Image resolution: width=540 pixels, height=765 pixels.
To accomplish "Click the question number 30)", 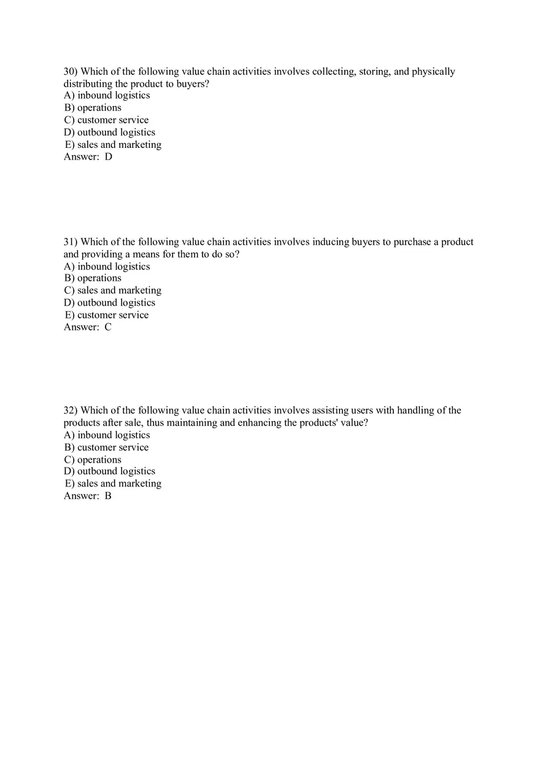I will pyautogui.click(x=71, y=72).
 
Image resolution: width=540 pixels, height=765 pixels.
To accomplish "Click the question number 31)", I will pyautogui.click(x=71, y=242).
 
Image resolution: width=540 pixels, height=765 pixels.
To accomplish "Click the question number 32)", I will pyautogui.click(x=71, y=410).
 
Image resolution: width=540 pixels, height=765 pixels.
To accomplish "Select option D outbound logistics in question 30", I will pyautogui.click(x=109, y=133).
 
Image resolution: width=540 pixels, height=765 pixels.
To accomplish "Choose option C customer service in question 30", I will pyautogui.click(x=106, y=120).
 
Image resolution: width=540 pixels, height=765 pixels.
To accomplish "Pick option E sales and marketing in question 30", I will pyautogui.click(x=113, y=145).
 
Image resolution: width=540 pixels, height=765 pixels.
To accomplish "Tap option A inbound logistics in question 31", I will pyautogui.click(x=107, y=266).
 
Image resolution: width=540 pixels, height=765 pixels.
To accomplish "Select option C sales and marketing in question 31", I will pyautogui.click(x=112, y=290).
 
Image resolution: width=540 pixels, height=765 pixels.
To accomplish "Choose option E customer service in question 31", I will pyautogui.click(x=107, y=315).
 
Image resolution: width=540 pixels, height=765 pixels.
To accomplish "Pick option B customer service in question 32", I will pyautogui.click(x=106, y=447).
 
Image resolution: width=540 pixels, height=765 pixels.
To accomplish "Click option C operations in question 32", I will pyautogui.click(x=93, y=459).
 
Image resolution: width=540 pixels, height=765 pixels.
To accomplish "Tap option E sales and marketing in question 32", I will pyautogui.click(x=113, y=483).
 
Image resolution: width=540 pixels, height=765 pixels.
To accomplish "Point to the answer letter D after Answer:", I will pyautogui.click(x=109, y=156).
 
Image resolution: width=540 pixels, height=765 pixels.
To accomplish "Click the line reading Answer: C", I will pyautogui.click(x=88, y=327).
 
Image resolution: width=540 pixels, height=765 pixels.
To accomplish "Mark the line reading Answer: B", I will pyautogui.click(x=88, y=496).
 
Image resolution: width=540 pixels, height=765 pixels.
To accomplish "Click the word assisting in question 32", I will pyautogui.click(x=330, y=410).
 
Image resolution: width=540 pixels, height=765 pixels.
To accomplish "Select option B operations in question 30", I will pyautogui.click(x=93, y=108).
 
